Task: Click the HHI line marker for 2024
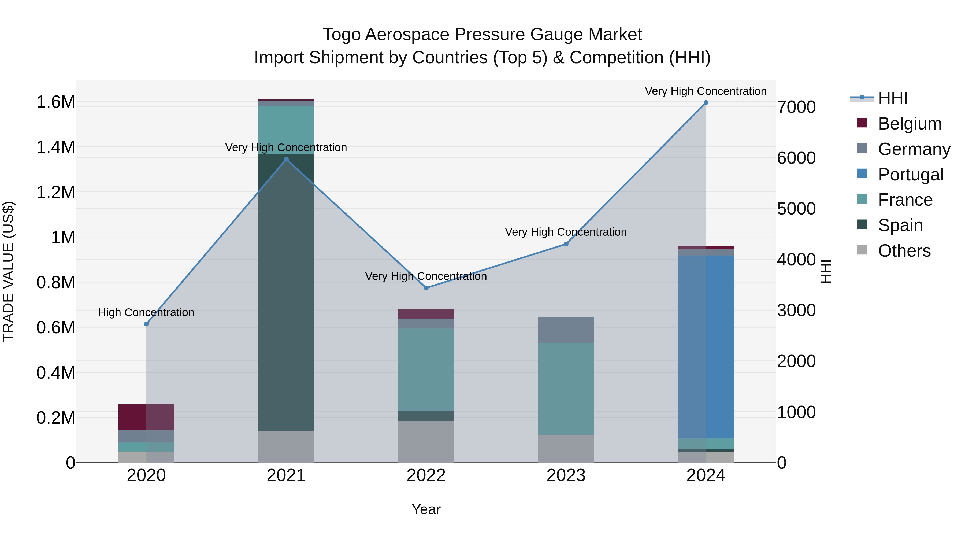[706, 103]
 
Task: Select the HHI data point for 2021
[286, 159]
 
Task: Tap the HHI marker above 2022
[426, 288]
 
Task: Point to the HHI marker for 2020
[146, 324]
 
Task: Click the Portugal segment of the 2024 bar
[706, 347]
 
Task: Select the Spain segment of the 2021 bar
[286, 292]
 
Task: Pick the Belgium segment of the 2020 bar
[146, 417]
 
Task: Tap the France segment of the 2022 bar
[426, 369]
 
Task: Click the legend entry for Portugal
[910, 175]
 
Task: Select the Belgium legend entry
[910, 124]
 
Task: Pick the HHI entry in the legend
[893, 98]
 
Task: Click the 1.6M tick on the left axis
[55, 102]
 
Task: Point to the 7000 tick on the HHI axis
[796, 107]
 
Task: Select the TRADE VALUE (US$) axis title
[8, 271]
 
